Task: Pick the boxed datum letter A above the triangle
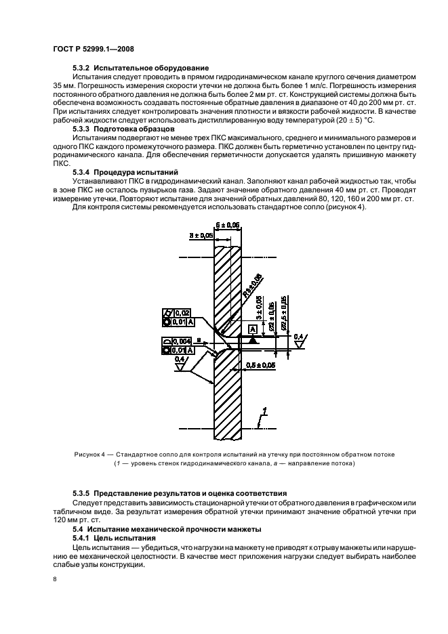[x=252, y=329]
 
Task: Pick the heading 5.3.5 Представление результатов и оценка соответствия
[x=180, y=492]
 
